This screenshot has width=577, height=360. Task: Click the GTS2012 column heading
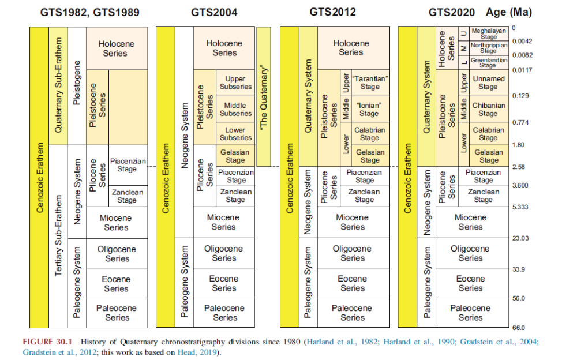click(332, 12)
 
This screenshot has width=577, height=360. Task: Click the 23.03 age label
click(520, 238)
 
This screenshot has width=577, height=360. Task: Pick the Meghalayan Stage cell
click(489, 33)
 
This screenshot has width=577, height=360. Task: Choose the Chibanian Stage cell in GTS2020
click(489, 110)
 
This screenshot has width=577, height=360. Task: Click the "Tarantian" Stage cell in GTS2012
click(370, 82)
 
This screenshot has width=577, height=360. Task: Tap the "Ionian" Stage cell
click(369, 110)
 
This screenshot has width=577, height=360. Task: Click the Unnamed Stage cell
click(488, 82)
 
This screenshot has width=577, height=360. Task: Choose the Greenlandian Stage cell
click(489, 62)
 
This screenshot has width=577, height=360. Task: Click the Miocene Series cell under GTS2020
click(470, 222)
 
